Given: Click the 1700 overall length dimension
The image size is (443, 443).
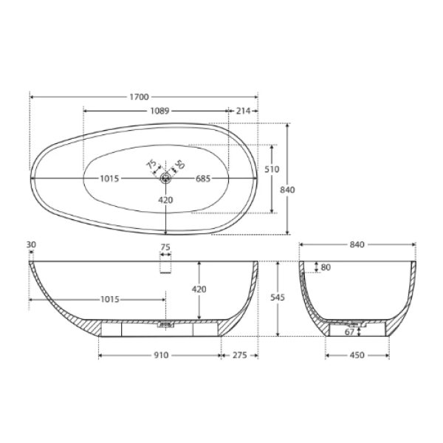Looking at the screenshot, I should pos(140,96).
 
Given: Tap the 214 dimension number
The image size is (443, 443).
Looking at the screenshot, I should pos(243,111).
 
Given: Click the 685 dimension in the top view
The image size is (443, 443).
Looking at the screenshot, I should pos(205,178).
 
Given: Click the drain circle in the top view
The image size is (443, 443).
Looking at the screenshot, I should pos(166,177).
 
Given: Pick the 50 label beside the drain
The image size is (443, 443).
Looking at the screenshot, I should pos(179,165).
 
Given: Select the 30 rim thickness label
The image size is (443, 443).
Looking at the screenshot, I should pos(31,245).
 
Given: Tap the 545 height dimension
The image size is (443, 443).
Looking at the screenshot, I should pos(277,298).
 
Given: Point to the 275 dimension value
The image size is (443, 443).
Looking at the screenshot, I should pos(240,355).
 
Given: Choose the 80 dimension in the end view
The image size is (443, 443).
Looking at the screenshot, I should pos(326,267).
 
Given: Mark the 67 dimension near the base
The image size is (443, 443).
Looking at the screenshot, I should pos(350,332).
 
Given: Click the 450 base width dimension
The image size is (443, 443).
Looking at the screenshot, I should pos(357,355).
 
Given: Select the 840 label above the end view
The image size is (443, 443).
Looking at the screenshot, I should pos(357,244).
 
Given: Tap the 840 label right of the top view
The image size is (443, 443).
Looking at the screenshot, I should pos(288,190).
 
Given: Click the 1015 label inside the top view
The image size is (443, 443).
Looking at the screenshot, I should pos(111,178).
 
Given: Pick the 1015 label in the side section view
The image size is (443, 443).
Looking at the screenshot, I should pos(109,300).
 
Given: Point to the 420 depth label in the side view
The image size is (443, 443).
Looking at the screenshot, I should pos(199,289).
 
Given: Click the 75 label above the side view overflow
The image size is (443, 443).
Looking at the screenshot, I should pos(166,247).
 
